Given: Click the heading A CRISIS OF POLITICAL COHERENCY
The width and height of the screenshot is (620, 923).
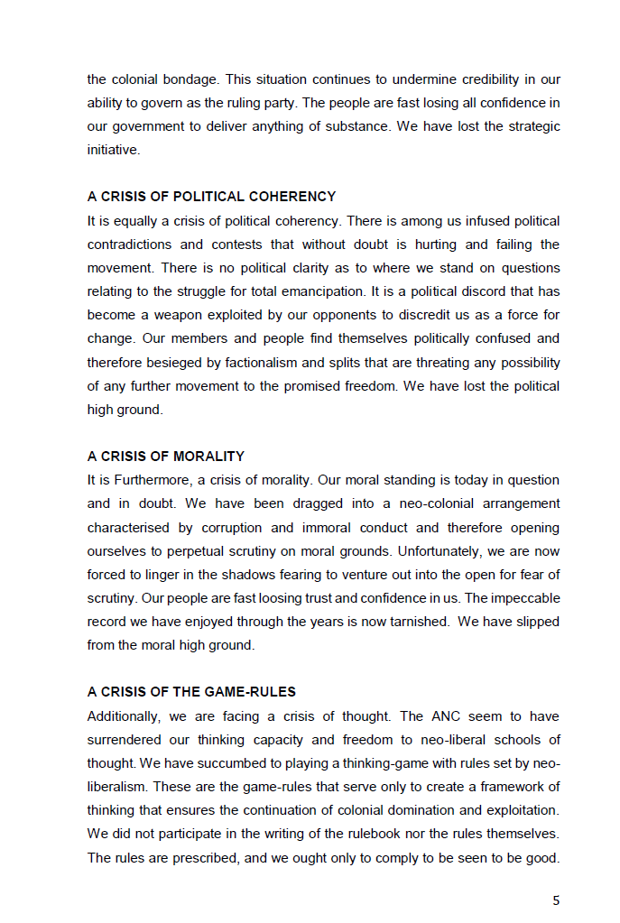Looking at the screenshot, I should (x=211, y=197).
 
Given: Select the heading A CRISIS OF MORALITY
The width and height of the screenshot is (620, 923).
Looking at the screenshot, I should (x=166, y=457).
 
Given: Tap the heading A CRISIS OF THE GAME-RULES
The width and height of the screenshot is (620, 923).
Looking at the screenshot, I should (x=191, y=692).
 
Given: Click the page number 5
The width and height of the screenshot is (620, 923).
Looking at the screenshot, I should (x=556, y=900).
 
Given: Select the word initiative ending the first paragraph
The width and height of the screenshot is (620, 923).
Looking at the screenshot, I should (x=113, y=150).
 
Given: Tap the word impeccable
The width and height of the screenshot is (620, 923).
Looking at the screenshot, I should (x=524, y=597).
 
